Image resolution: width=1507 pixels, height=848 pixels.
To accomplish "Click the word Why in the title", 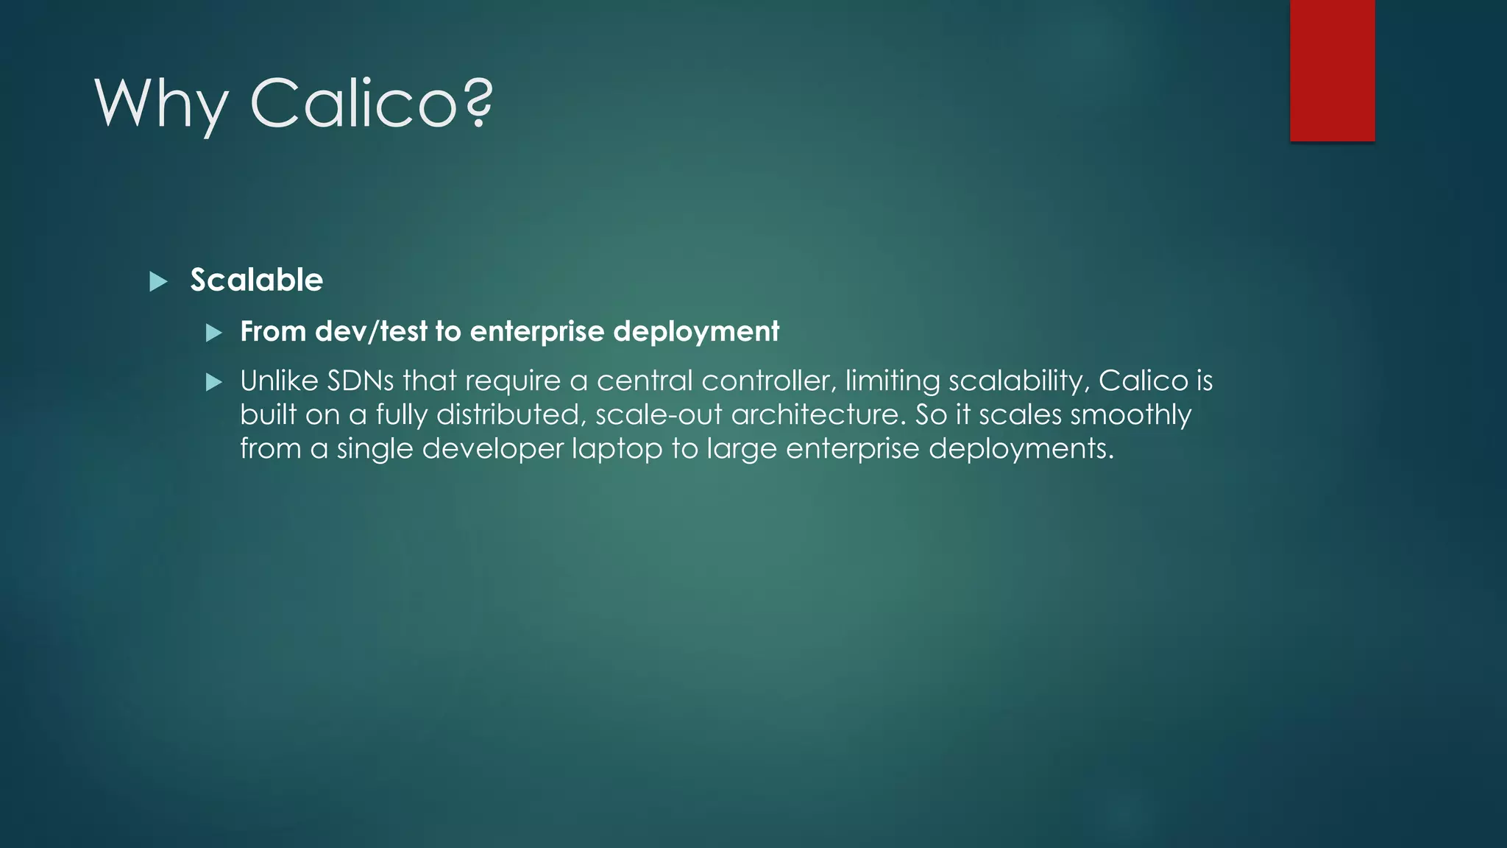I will click(x=161, y=105).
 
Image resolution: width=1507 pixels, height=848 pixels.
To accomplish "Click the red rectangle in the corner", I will click(x=1332, y=70).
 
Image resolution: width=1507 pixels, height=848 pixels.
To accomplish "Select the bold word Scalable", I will click(x=256, y=280).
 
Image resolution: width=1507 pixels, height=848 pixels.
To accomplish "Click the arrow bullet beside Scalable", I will click(x=158, y=282).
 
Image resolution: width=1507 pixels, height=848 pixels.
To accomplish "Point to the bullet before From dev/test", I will click(x=214, y=333).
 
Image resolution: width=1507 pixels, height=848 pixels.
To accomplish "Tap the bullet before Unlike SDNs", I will click(x=214, y=382).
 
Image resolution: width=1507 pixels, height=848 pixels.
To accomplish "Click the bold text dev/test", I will click(x=372, y=332).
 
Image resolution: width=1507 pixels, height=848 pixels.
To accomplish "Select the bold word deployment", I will click(x=696, y=332).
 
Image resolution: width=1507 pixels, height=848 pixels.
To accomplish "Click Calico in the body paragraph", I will click(x=1143, y=381).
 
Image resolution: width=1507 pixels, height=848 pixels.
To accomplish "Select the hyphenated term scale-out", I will click(x=659, y=415).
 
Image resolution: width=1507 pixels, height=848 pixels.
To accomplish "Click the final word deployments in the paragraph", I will click(x=1021, y=449).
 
